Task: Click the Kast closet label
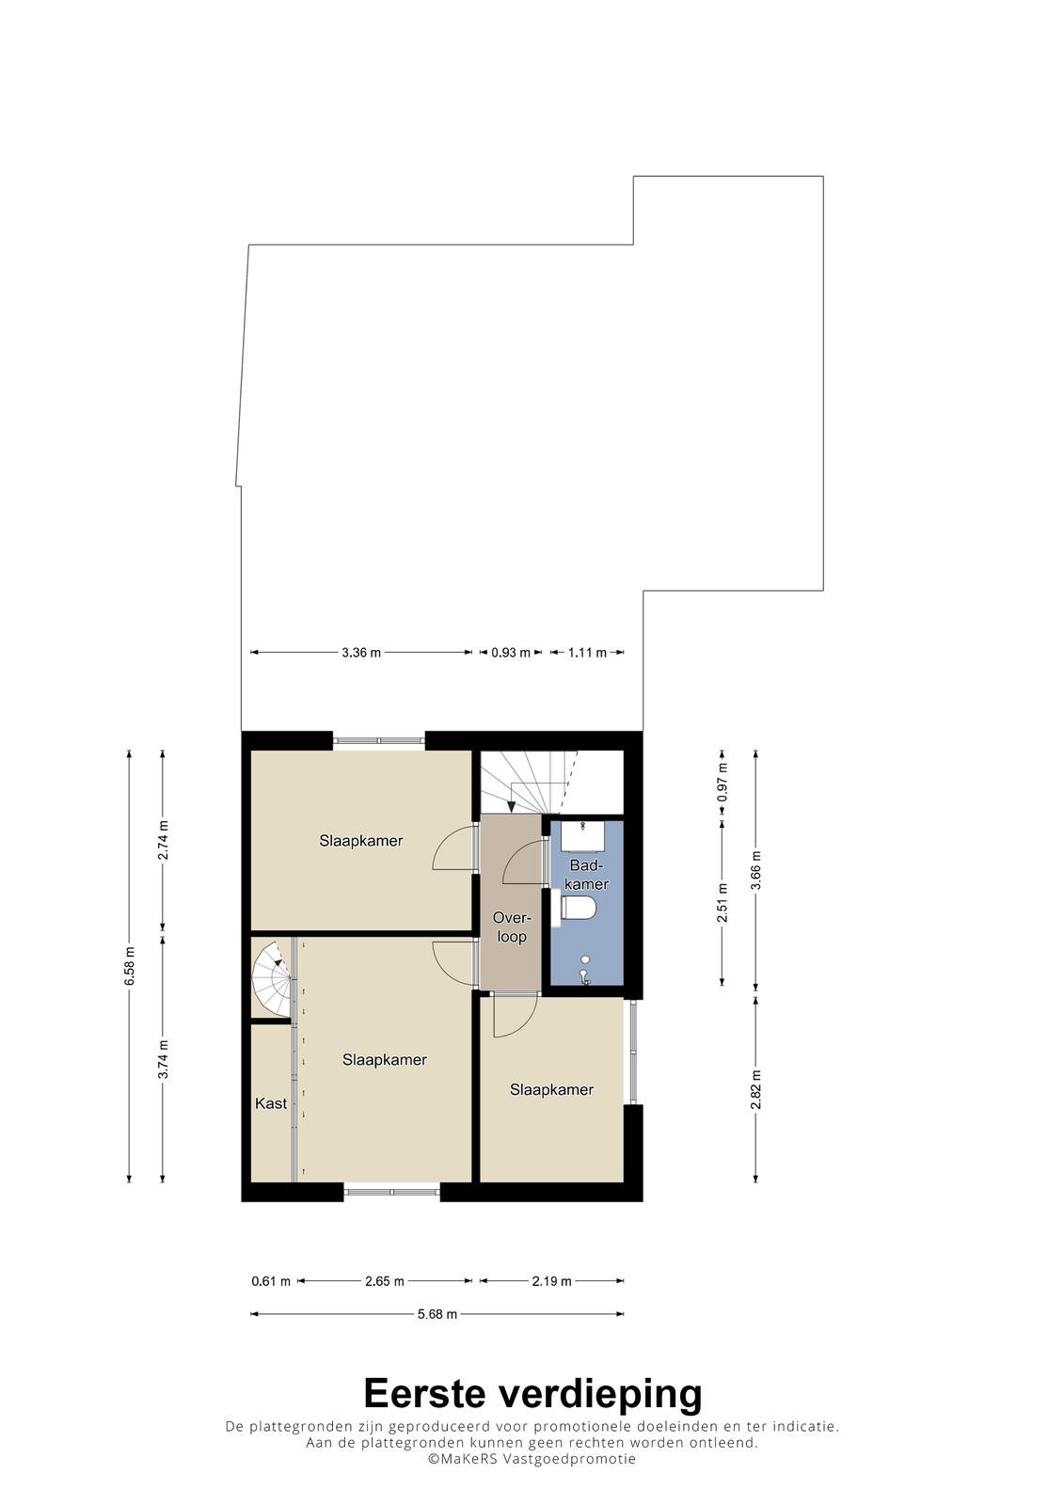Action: pos(271,1103)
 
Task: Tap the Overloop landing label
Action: pos(512,927)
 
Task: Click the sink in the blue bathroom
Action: pos(583,834)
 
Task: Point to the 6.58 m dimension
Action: pos(130,966)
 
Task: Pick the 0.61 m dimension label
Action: pos(271,1281)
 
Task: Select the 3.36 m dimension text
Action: pos(361,653)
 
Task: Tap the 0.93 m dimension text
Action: pos(511,653)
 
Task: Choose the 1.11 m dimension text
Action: pos(587,653)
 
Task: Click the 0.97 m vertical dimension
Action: pos(723,783)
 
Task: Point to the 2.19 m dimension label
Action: pos(552,1281)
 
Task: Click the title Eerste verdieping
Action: pos(532,1393)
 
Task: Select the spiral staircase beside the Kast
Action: pos(272,979)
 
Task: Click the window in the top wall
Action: pos(379,740)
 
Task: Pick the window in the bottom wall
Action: pos(392,1192)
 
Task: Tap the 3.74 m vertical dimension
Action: pos(163,1059)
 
